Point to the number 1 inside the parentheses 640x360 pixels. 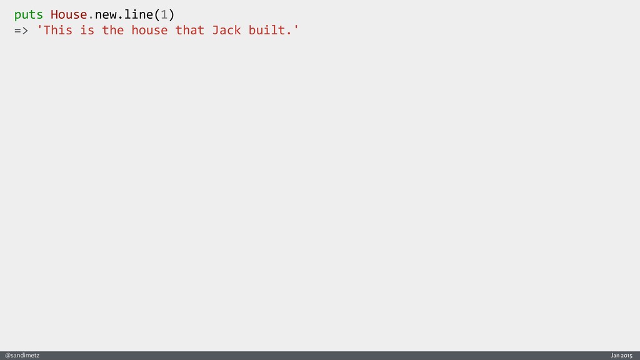click(x=164, y=14)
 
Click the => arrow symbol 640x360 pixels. click(x=21, y=30)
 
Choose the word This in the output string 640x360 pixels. click(x=58, y=30)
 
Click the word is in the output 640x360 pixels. click(x=87, y=30)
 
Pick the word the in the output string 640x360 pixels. click(x=113, y=30)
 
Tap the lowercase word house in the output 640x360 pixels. click(x=149, y=30)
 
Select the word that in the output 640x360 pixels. click(x=190, y=30)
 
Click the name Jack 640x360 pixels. click(x=226, y=30)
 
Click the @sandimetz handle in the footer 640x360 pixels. click(x=22, y=355)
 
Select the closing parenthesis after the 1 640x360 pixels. click(x=171, y=14)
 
